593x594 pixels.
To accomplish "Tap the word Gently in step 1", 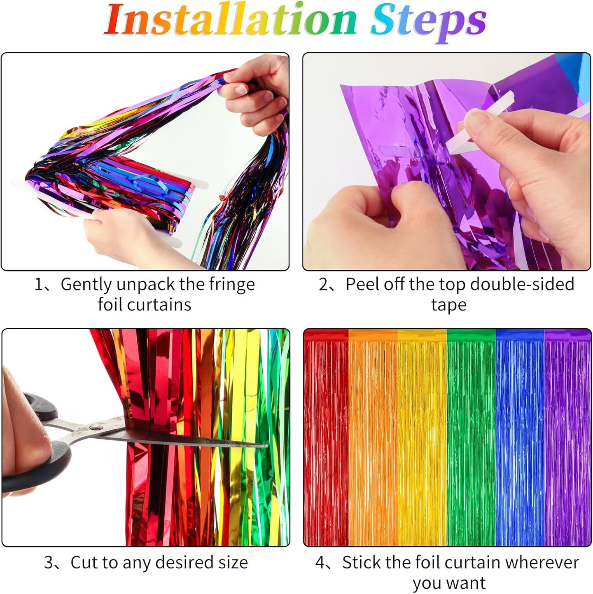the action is coord(86,285).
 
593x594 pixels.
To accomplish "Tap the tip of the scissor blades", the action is coord(267,446).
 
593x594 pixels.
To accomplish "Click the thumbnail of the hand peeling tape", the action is coord(446,161).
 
